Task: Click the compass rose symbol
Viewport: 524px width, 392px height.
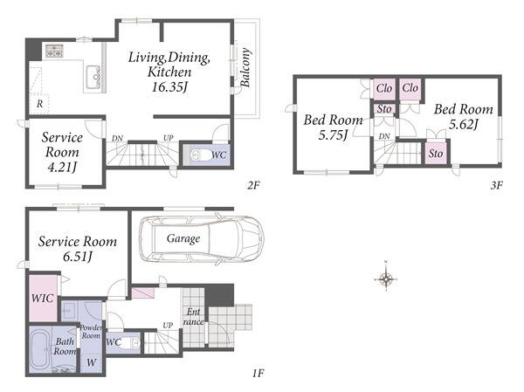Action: (x=386, y=278)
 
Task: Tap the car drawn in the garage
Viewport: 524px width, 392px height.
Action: (x=202, y=239)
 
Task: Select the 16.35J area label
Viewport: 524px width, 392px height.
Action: (x=169, y=87)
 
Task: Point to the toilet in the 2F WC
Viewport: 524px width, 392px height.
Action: (x=198, y=155)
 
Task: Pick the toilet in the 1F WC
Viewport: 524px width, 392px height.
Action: (x=130, y=342)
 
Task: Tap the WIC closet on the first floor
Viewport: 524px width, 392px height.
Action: (x=43, y=298)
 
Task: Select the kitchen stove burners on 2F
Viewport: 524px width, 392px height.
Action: (x=54, y=52)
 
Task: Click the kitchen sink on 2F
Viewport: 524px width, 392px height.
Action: (x=93, y=77)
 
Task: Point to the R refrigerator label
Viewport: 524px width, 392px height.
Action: (x=40, y=104)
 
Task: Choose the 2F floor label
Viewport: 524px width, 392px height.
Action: (x=253, y=185)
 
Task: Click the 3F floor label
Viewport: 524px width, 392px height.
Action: (x=496, y=185)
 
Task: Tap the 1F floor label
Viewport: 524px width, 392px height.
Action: (x=259, y=373)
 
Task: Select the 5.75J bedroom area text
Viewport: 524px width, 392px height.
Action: (x=333, y=135)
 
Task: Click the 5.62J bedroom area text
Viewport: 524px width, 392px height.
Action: (x=463, y=124)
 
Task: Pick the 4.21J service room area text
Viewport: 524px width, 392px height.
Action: (x=63, y=167)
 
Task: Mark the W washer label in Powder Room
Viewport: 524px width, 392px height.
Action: (x=91, y=362)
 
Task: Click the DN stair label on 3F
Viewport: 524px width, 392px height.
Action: (x=384, y=136)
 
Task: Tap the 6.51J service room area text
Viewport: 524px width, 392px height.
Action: (x=77, y=257)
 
